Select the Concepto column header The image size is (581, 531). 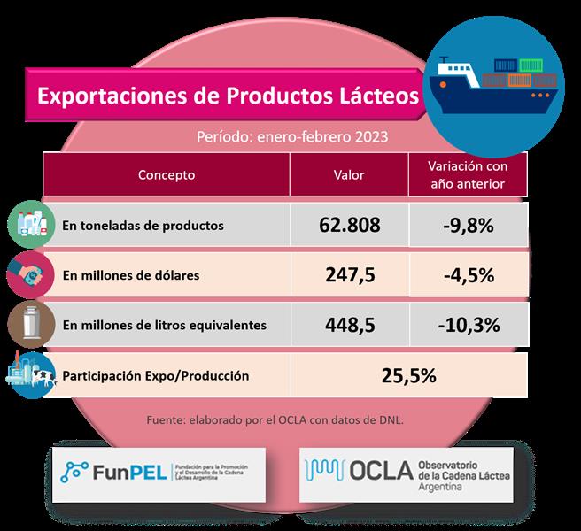[x=167, y=175]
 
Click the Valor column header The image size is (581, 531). [x=348, y=175]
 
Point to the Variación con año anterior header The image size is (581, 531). [x=466, y=175]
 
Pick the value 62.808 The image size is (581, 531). [x=348, y=225]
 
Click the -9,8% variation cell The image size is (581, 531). [x=468, y=225]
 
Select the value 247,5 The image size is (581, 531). [x=348, y=274]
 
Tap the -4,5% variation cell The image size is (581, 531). [x=468, y=274]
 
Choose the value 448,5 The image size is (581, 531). [x=348, y=325]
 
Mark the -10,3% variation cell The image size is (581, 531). [x=468, y=325]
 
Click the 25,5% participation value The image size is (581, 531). [x=407, y=375]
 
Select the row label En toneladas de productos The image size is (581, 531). [x=143, y=225]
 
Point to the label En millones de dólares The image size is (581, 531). [x=131, y=275]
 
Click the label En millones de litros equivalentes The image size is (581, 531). [x=165, y=325]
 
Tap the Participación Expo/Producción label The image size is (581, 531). [x=155, y=375]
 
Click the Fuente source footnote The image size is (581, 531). [x=275, y=419]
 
